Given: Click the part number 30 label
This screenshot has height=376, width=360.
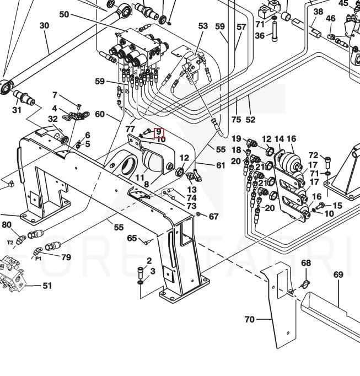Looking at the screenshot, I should click(x=44, y=25).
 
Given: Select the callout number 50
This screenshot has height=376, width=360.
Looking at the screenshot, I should click(x=65, y=14).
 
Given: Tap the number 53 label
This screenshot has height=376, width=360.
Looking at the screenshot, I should click(x=203, y=26).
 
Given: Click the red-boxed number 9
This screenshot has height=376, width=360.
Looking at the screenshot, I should click(x=159, y=132).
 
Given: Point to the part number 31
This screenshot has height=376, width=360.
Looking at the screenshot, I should click(x=17, y=110).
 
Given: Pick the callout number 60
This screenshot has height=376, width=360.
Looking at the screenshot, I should click(x=100, y=114).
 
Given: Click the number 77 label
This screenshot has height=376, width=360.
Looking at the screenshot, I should click(x=131, y=129).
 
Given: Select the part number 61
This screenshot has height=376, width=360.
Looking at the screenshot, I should click(x=221, y=165).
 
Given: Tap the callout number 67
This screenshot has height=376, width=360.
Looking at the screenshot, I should click(x=214, y=217).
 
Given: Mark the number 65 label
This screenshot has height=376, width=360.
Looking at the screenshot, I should click(x=132, y=238).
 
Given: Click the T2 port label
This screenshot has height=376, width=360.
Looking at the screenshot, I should click(x=10, y=242).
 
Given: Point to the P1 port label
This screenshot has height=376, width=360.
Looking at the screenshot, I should click(x=38, y=257).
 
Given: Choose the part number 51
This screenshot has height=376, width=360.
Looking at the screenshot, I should click(x=47, y=286).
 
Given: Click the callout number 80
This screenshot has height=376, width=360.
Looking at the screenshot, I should click(x=7, y=224).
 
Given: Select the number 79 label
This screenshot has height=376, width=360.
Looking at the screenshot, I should click(x=66, y=257).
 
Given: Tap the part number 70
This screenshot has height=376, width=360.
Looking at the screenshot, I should click(x=249, y=319).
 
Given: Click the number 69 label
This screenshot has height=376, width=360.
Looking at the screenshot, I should click(x=338, y=275).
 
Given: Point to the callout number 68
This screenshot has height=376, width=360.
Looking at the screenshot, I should click(x=306, y=263).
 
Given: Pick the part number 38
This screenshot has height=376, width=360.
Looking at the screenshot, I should click(x=318, y=12).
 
